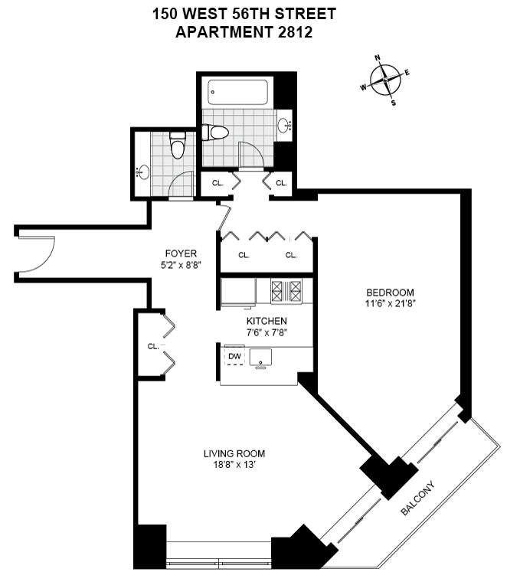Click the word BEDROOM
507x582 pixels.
[x=390, y=293]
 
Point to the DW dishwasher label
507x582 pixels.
[x=234, y=356]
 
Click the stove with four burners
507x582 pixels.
[x=287, y=290]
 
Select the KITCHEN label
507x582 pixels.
[x=266, y=321]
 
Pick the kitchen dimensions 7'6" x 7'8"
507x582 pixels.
[x=266, y=332]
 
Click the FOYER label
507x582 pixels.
[x=182, y=253]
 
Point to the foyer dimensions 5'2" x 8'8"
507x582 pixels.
[x=182, y=265]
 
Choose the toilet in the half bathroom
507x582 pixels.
[x=178, y=145]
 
